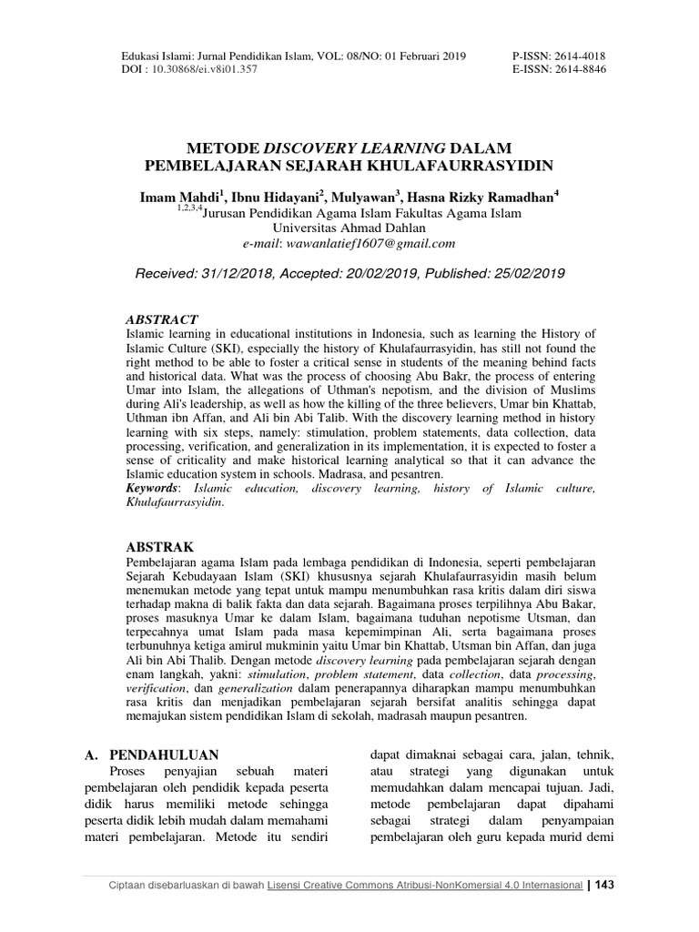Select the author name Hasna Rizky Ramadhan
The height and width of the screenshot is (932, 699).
pos(481,198)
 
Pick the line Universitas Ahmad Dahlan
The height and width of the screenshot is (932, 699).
pos(349,228)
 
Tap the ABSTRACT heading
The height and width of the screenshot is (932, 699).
pos(161,319)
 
